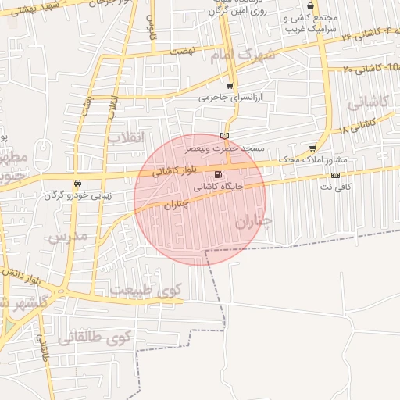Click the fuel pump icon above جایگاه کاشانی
coord(216,174)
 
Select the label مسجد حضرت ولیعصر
coord(224,147)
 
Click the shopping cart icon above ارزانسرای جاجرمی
coord(229,86)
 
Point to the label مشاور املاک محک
coord(312,159)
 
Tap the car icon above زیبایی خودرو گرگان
coord(77,184)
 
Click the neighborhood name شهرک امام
coord(243,56)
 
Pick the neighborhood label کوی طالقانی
coord(97,337)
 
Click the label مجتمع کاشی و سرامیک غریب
coord(309,23)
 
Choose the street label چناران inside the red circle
coord(178,205)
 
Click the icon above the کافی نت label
coord(335,175)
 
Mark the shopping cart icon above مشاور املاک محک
coord(313,148)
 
